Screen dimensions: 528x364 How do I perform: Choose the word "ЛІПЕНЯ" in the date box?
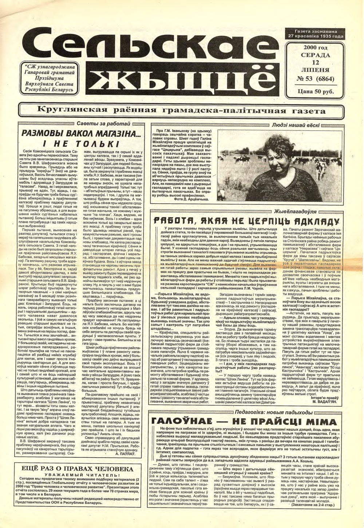point(316,70)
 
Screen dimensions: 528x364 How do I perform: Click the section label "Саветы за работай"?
point(100,124)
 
